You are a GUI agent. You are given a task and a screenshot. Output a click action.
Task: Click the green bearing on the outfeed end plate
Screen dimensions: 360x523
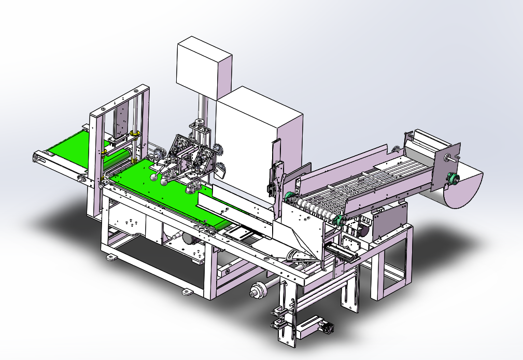click(x=455, y=179)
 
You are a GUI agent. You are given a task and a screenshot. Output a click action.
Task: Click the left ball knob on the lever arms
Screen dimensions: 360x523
click(x=155, y=177)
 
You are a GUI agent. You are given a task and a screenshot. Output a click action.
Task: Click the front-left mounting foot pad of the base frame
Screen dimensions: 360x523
click(x=110, y=257)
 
